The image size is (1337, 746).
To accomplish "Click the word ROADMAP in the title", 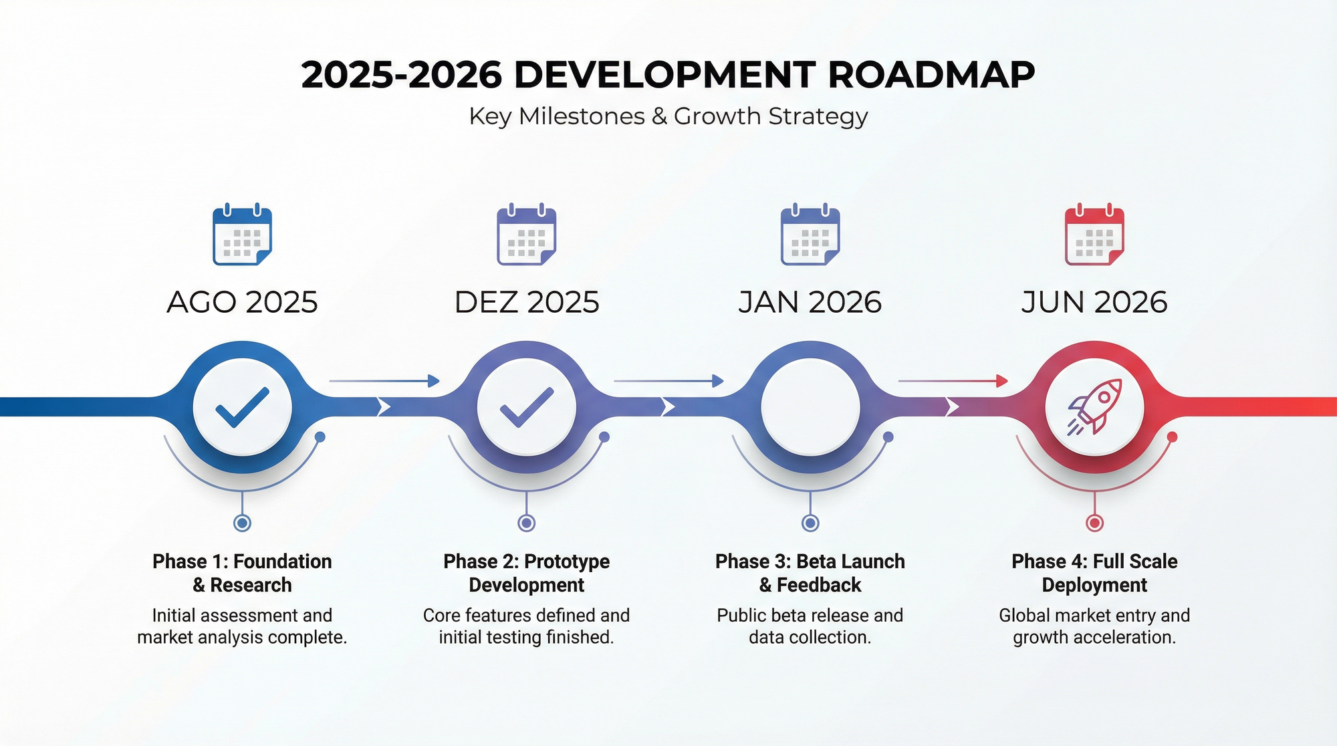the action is click(931, 74).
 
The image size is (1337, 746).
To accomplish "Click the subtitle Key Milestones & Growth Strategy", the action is click(668, 116).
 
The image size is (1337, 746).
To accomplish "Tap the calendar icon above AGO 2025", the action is click(242, 234).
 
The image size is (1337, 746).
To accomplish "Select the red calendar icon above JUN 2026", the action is click(1094, 234).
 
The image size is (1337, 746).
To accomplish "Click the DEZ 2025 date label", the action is click(527, 302).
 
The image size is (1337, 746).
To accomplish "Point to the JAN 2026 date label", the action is click(810, 302).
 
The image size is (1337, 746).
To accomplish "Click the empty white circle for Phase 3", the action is click(810, 407).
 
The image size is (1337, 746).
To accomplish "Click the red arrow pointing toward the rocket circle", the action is click(953, 381).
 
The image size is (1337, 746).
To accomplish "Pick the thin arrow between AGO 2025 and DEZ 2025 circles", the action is click(384, 381).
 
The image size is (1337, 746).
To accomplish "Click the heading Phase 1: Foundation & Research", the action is click(242, 573).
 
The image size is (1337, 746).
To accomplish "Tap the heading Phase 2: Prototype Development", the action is click(527, 573).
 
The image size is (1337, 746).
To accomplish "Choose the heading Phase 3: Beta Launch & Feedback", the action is click(810, 573).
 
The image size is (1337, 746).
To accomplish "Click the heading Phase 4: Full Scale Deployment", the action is click(1094, 573).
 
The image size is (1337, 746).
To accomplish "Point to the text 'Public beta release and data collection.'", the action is click(810, 626).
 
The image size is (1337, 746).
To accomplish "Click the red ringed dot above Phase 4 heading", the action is click(1094, 523).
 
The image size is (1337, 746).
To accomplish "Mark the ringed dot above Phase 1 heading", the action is click(242, 523).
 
